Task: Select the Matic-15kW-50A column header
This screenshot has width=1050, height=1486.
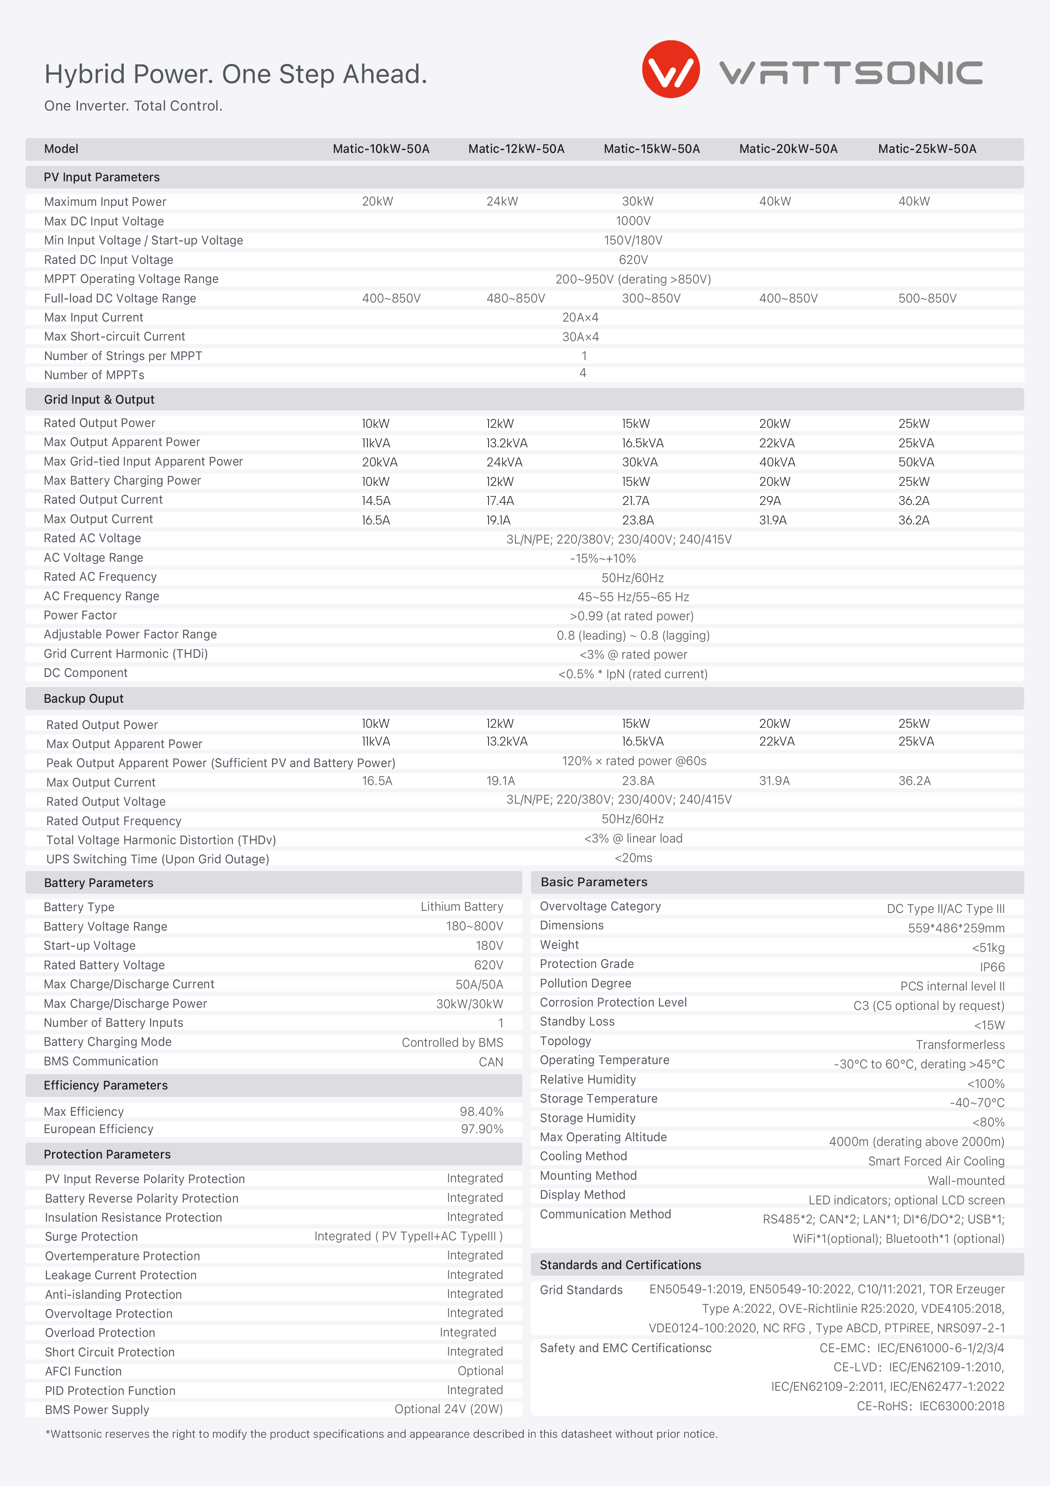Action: click(x=652, y=149)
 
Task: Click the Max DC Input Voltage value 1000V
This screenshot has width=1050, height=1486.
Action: click(x=633, y=221)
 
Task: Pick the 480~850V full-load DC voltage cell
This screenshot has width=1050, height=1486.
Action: click(x=516, y=298)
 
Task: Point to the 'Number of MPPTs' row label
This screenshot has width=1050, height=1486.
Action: click(x=94, y=375)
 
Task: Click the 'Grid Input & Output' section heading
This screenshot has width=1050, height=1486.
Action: click(x=99, y=399)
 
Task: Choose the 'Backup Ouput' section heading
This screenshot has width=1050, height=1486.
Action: click(x=83, y=699)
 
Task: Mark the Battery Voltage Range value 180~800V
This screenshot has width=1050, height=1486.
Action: click(x=474, y=926)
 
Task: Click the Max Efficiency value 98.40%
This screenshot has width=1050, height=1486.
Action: click(x=481, y=1111)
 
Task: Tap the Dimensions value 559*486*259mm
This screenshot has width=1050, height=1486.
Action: click(x=956, y=928)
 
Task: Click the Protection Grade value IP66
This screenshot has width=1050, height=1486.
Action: click(x=992, y=967)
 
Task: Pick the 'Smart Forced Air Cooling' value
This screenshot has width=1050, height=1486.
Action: click(x=936, y=1161)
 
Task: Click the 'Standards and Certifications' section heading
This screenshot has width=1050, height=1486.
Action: click(x=620, y=1264)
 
